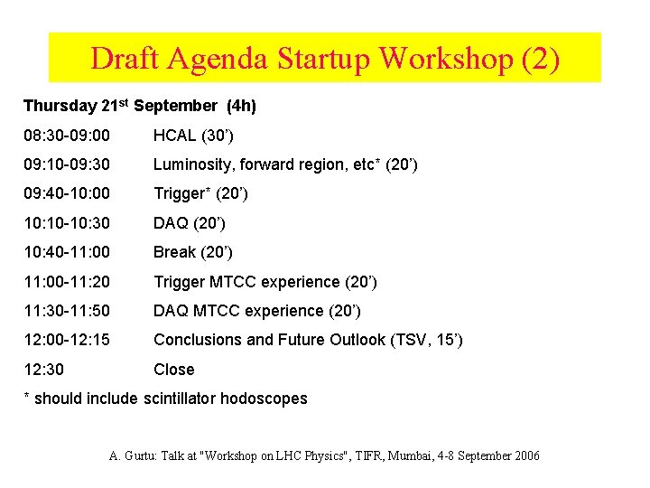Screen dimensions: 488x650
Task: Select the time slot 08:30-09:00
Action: pyautogui.click(x=67, y=136)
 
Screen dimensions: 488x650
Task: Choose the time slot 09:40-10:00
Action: pyautogui.click(x=67, y=193)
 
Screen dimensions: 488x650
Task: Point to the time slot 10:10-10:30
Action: pyautogui.click(x=67, y=223)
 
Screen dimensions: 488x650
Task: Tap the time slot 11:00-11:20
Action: pyautogui.click(x=67, y=282)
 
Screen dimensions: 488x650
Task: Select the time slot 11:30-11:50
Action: pyautogui.click(x=67, y=311)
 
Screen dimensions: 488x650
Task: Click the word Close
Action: pyautogui.click(x=173, y=370)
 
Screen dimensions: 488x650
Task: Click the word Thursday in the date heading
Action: pyautogui.click(x=59, y=106)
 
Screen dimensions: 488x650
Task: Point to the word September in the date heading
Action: pyautogui.click(x=175, y=106)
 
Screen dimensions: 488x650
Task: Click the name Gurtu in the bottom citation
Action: pyautogui.click(x=139, y=455)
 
